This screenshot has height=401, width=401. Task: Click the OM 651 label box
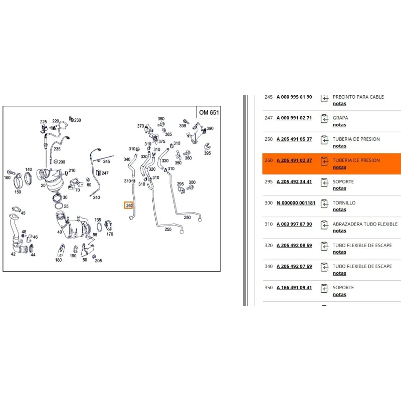[209, 112]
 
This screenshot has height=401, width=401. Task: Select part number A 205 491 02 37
[294, 160]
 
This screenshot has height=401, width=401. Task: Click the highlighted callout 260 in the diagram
[129, 205]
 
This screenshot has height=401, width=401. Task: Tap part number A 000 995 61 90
[294, 97]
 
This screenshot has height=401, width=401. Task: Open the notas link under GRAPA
[339, 125]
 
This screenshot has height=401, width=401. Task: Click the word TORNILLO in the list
[344, 203]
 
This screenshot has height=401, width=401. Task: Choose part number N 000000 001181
[296, 203]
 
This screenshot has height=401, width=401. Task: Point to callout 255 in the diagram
[168, 229]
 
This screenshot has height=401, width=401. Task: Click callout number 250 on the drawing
[187, 218]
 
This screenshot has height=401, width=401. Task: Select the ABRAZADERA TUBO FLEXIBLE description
[365, 224]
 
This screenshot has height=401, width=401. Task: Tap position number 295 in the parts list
[269, 181]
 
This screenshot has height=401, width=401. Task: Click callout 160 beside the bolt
[7, 177]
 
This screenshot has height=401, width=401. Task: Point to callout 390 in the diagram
[210, 128]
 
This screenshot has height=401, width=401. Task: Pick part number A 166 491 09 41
[294, 287]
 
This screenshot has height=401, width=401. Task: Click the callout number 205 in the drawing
[98, 261]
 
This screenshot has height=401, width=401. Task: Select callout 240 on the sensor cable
[96, 197]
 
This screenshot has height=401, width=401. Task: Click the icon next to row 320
[324, 246]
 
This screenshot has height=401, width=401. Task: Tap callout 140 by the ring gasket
[29, 169]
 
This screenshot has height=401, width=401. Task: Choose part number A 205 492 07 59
[294, 266]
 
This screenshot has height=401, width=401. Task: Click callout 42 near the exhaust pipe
[13, 254]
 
